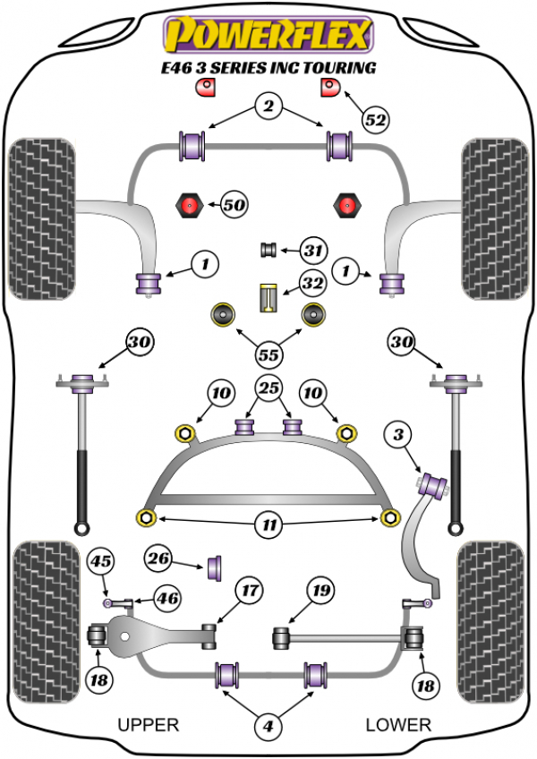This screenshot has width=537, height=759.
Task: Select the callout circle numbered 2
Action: point(267,107)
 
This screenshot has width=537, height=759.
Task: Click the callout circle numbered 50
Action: point(234,206)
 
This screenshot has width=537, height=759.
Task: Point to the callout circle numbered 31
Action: point(312,251)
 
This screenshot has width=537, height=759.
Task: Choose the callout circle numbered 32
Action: point(312,285)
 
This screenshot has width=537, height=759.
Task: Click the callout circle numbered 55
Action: point(267,354)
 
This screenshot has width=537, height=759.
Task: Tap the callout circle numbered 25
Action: point(267,389)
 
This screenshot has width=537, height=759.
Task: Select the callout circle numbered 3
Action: point(398,436)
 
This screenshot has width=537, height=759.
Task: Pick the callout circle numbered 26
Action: point(159,561)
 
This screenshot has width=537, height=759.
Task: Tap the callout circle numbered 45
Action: point(100,562)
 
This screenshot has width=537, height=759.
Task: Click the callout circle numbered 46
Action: point(166,599)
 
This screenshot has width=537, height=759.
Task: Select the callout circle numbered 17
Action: point(248,591)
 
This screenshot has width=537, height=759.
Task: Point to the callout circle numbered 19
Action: point(320,591)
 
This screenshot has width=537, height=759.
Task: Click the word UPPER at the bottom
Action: point(149,724)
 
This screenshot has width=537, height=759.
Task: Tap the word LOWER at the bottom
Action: point(398,724)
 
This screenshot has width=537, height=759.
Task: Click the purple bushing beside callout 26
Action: point(216,567)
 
